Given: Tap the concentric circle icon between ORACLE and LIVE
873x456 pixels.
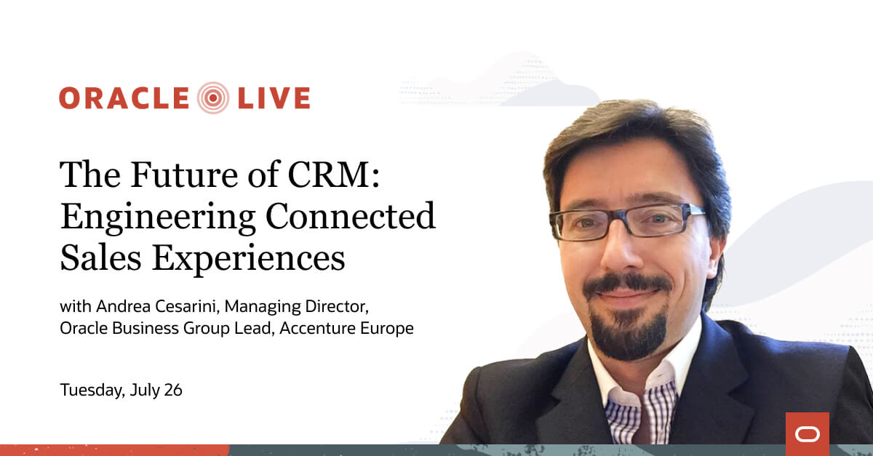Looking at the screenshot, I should pyautogui.click(x=212, y=98).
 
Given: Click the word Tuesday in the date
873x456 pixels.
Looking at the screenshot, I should pyautogui.click(x=91, y=391).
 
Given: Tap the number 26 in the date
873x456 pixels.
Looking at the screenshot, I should pyautogui.click(x=173, y=390).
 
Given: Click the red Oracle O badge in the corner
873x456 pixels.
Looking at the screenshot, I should pyautogui.click(x=807, y=434).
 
